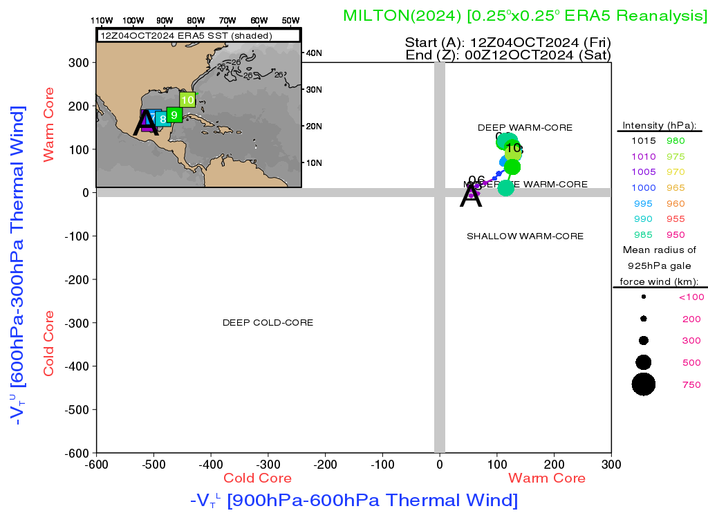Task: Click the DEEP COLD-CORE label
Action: pos(268,323)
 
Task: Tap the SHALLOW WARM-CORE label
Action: pos(525,236)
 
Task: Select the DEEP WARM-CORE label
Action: pos(525,128)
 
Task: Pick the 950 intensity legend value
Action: pos(676,235)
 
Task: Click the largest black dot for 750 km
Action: pos(644,384)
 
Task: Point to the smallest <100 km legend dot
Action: pos(644,297)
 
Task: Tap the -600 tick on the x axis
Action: pos(97,464)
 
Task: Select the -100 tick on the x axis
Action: pos(382,464)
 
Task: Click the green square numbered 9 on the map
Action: pos(174,115)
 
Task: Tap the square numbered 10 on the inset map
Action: pos(187,100)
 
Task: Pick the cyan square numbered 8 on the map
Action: pos(163,119)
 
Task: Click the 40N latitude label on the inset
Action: pos(314,53)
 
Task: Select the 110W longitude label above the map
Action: pos(102,20)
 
